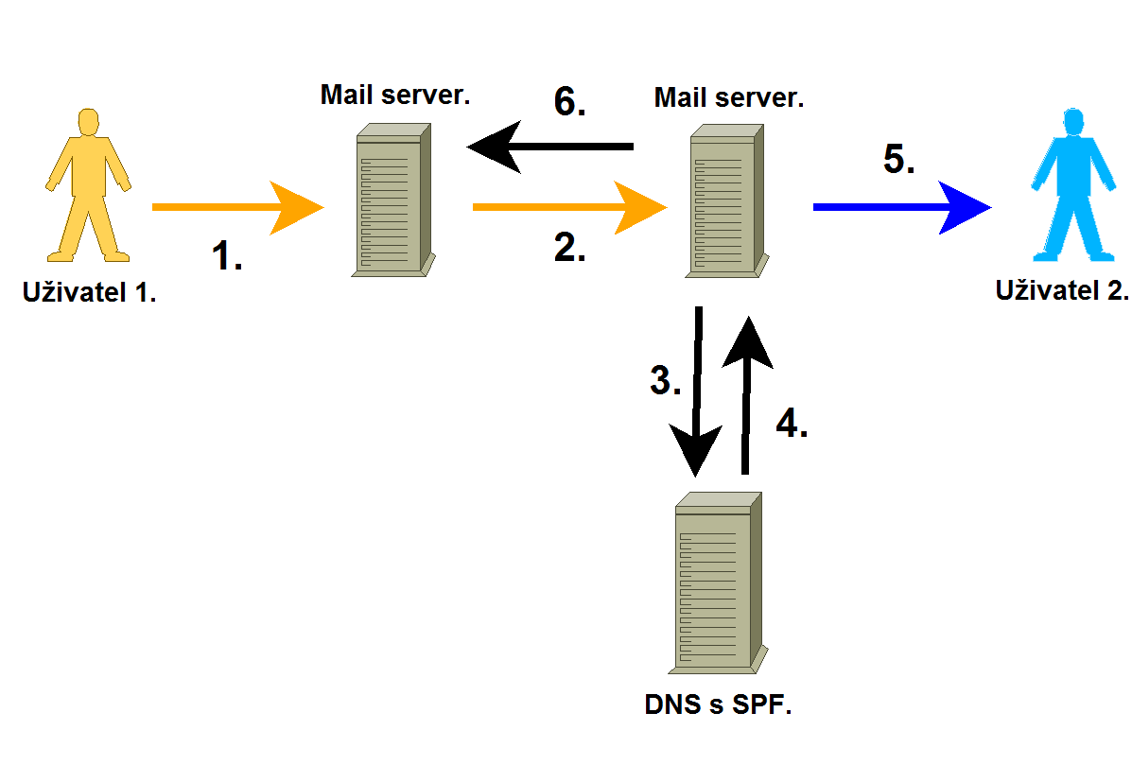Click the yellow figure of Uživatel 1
click(x=87, y=189)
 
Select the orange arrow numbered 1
click(x=236, y=206)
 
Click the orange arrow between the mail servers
click(x=567, y=206)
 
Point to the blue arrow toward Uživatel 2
click(x=898, y=206)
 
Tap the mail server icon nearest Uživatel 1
click(x=390, y=201)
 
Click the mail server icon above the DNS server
click(x=723, y=201)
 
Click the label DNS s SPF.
click(x=717, y=705)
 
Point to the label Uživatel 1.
click(x=89, y=292)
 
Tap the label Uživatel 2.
click(x=1062, y=289)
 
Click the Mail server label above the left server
click(x=395, y=95)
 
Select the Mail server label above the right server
click(x=728, y=97)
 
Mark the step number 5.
click(x=898, y=159)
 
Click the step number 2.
click(x=569, y=247)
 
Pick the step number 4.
click(x=792, y=423)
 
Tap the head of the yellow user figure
click(x=88, y=124)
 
